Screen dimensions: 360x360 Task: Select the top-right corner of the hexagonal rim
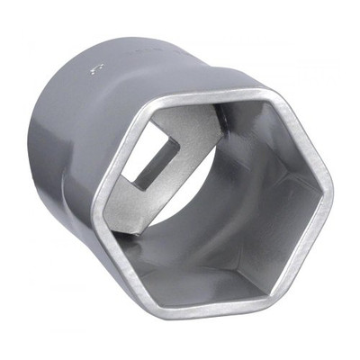tap(270, 90)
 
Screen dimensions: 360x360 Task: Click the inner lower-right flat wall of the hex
tap(288, 234)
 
